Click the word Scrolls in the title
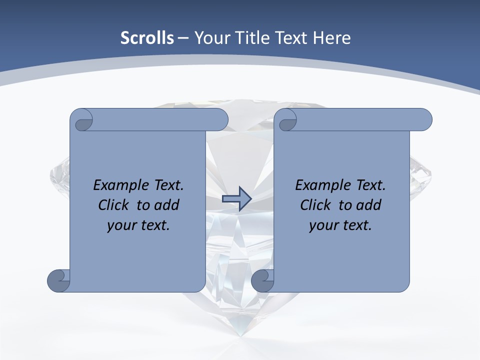click(147, 38)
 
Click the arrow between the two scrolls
click(236, 198)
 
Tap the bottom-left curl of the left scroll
click(59, 280)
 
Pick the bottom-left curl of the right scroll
click(262, 280)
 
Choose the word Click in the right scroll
click(315, 205)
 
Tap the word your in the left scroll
click(121, 225)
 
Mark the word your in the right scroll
click(323, 225)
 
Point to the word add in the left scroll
click(167, 205)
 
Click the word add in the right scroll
click(369, 205)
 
